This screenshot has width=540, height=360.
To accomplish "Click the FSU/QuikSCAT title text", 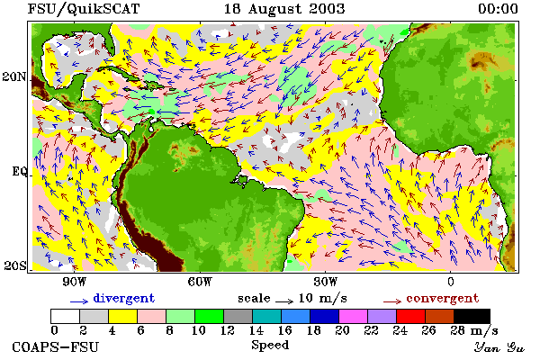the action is pos(84,9).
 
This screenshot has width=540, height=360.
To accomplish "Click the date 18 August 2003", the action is pos(284,9).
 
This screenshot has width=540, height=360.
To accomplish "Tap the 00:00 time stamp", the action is pos(498,9).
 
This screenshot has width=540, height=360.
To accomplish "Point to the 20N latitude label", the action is pos(14,76).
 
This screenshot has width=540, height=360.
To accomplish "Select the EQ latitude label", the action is pos(19,171).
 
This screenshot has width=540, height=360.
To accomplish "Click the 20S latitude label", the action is pos(14,265).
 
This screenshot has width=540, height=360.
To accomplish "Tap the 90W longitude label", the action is pos(74,282).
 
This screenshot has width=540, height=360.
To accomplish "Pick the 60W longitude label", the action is pos(200,282).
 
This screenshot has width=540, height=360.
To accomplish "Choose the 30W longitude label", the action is pos(326,282).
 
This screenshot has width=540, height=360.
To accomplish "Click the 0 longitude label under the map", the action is pos(451,282).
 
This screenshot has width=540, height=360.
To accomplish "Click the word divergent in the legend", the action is pos(123,298).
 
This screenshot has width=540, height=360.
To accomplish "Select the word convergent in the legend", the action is pos(443,298).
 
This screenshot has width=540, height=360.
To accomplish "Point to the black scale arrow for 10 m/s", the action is pos(284,301).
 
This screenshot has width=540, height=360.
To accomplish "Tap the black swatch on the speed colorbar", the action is pos(472,316).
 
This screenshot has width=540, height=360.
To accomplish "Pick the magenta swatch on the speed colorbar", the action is pos(354,316).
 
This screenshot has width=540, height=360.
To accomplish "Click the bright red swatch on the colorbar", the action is pos(411,316).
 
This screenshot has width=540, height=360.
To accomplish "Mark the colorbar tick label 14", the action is pos(256,330).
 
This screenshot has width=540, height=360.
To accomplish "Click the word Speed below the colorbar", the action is pos(270,346).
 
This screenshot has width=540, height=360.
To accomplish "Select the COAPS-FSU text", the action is pos(56,346).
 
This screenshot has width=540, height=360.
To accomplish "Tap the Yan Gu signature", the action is pos(499,347).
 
